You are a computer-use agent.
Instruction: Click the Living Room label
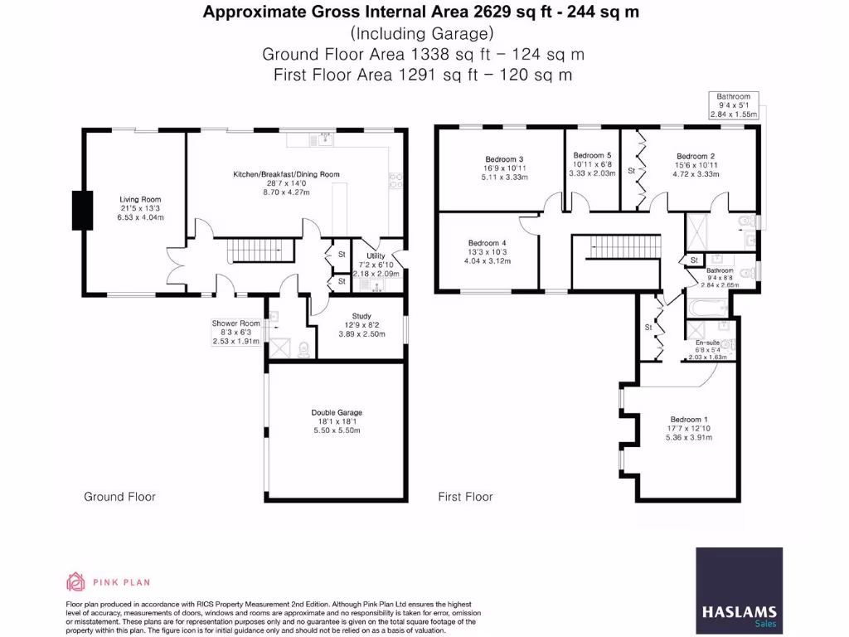tap(139, 199)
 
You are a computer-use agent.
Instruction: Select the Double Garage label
tap(337, 412)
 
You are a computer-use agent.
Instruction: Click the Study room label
tap(361, 316)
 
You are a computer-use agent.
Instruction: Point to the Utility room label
tap(376, 256)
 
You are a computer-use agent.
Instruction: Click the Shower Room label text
tap(235, 323)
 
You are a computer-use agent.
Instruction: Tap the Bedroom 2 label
tap(695, 156)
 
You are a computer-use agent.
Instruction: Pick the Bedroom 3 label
tap(504, 159)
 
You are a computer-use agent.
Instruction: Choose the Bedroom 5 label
tap(592, 155)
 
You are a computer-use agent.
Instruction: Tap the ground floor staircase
tap(261, 249)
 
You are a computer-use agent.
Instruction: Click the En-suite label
tap(707, 342)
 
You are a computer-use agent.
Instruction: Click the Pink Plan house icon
tap(75, 581)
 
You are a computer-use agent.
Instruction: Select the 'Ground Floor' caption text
tap(119, 497)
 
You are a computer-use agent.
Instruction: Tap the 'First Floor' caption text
tap(465, 497)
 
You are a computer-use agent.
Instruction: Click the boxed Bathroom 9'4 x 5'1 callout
tap(734, 105)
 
